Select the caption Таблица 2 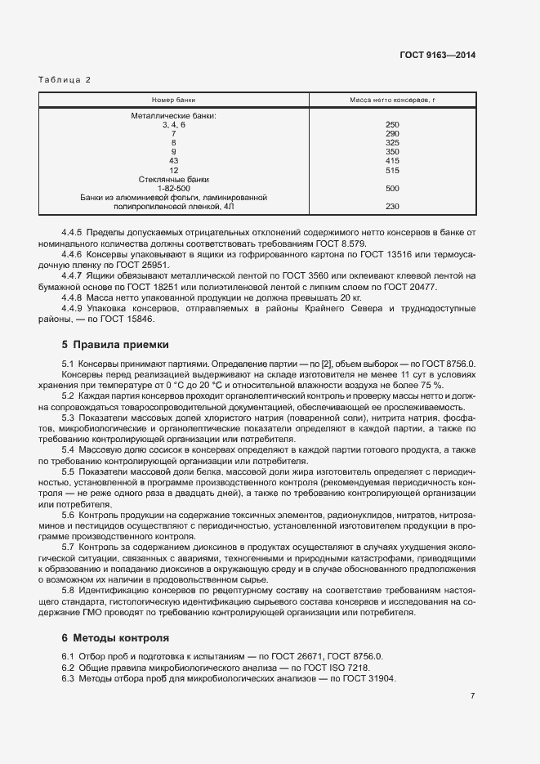(65, 80)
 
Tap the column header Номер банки (173, 99)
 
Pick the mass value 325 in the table (391, 142)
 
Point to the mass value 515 (391, 170)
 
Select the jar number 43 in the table (173, 161)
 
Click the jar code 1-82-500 (173, 188)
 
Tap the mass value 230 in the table (391, 207)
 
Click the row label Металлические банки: (173, 115)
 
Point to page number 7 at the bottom (472, 696)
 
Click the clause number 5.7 (69, 546)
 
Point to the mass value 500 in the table (391, 188)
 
